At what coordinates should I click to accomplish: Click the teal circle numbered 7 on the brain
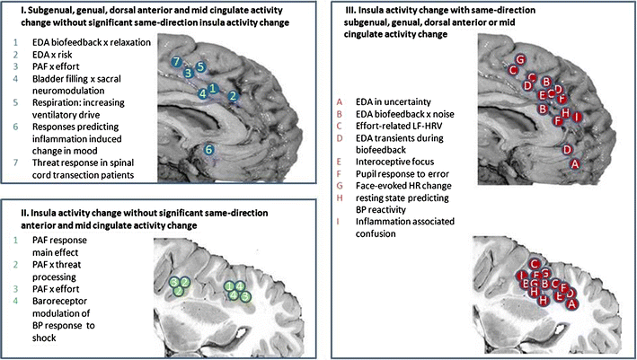[x=179, y=61]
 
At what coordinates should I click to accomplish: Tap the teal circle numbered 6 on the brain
[x=209, y=150]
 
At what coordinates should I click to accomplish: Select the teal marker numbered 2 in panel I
[x=233, y=96]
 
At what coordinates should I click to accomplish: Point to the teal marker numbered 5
[x=201, y=67]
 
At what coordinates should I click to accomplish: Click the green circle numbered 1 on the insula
[x=231, y=285]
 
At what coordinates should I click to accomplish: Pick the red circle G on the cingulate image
[x=520, y=59]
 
